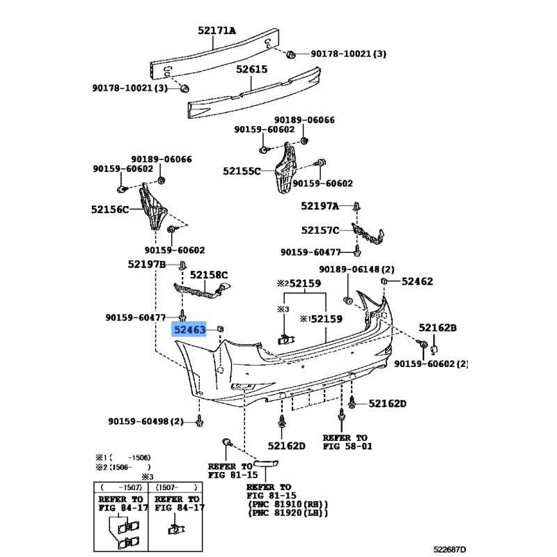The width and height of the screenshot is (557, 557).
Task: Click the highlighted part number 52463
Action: [190, 329]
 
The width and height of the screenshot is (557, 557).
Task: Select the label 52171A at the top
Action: [217, 31]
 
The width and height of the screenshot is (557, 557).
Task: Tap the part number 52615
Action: [251, 70]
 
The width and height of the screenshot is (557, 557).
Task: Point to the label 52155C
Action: [242, 170]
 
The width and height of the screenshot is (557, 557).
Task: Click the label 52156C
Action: [110, 209]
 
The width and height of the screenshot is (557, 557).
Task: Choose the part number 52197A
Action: [320, 206]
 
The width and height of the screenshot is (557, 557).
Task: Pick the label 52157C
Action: [320, 230]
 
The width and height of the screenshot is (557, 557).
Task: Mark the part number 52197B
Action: [146, 264]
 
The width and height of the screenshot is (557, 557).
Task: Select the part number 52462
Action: [417, 281]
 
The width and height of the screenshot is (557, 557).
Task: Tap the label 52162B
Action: [437, 327]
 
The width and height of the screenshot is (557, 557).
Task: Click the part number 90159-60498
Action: [139, 421]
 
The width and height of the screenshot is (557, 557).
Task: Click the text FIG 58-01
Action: [347, 446]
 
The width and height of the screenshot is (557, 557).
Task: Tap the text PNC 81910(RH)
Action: [288, 503]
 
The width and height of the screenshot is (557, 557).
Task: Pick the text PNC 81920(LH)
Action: [288, 513]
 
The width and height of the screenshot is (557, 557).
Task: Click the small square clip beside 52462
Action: [384, 280]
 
